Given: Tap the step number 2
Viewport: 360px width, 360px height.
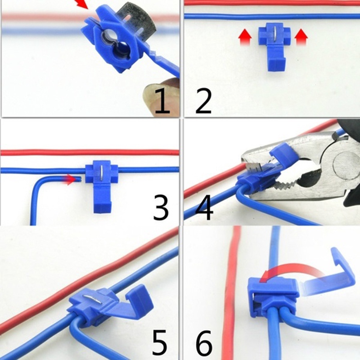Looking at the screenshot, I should (203, 102).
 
